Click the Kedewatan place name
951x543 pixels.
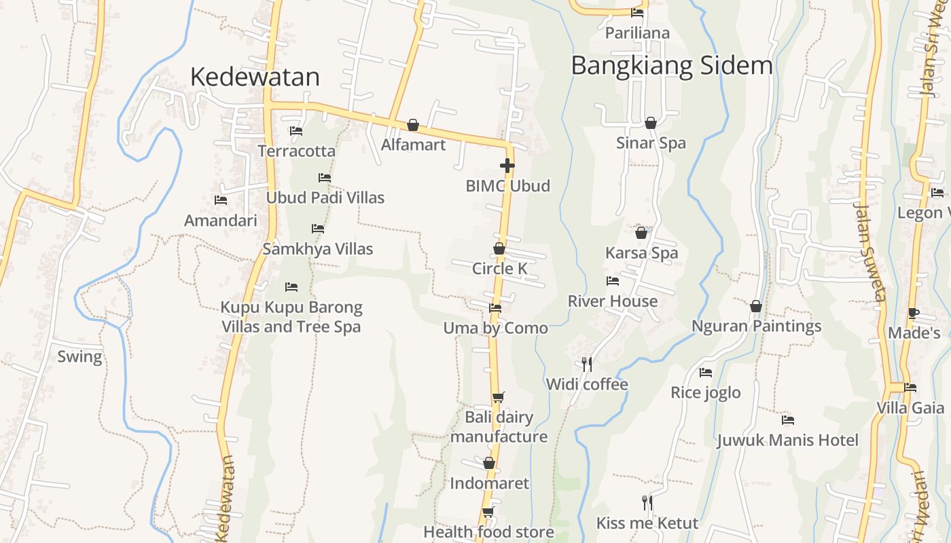(x=255, y=77)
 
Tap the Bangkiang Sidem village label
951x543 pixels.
(x=671, y=66)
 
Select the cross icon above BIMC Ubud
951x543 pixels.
(x=507, y=165)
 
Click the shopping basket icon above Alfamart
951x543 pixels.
(x=412, y=125)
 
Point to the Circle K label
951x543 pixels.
(x=499, y=269)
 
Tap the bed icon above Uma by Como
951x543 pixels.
(x=495, y=308)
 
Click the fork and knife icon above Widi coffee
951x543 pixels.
(x=587, y=364)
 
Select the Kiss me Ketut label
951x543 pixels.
(x=647, y=523)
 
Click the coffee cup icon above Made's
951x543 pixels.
(x=914, y=313)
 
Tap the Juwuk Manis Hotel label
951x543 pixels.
(x=787, y=441)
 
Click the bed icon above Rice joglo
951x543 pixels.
(x=705, y=373)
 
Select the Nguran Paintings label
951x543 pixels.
(x=756, y=326)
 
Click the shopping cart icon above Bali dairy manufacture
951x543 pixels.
(x=498, y=397)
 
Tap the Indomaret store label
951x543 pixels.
(x=489, y=484)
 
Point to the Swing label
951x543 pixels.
(x=79, y=357)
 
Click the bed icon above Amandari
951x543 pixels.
(x=220, y=200)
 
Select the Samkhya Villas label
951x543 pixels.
(x=317, y=249)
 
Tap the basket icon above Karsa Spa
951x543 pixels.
(x=641, y=233)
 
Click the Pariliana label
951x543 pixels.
(x=636, y=33)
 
